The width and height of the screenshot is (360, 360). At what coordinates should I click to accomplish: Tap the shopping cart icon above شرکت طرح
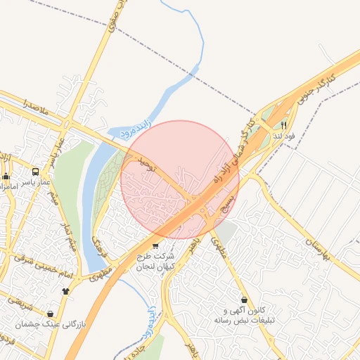pyautogui.click(x=155, y=245)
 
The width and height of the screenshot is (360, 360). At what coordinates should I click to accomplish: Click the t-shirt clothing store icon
pyautogui.click(x=66, y=289)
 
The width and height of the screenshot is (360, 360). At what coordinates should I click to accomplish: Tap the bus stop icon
pyautogui.click(x=35, y=171)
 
